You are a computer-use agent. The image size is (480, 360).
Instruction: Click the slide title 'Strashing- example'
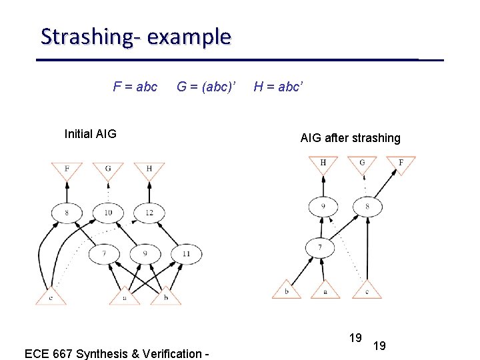(x=136, y=36)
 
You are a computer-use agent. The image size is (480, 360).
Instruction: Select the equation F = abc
(x=135, y=87)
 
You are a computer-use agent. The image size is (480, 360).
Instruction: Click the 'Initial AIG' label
(x=90, y=134)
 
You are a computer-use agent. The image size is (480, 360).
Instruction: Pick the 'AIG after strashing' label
(x=350, y=138)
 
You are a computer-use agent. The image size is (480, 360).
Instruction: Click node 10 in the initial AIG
(x=108, y=213)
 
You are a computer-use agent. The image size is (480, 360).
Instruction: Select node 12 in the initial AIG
(x=149, y=213)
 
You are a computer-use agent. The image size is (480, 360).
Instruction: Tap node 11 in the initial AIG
(x=185, y=253)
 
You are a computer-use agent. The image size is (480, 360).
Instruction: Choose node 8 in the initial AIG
(x=67, y=213)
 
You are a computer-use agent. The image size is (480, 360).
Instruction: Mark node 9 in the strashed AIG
(x=323, y=207)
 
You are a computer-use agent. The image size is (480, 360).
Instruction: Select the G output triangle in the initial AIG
(x=108, y=169)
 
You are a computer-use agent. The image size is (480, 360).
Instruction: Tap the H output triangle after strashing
(x=323, y=163)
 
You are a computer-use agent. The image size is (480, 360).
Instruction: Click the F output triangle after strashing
(x=401, y=163)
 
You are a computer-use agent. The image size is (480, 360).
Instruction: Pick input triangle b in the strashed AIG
(x=287, y=291)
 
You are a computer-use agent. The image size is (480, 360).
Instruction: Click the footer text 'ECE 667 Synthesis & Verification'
(x=117, y=353)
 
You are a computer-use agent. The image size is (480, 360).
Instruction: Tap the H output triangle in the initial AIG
(x=149, y=169)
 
